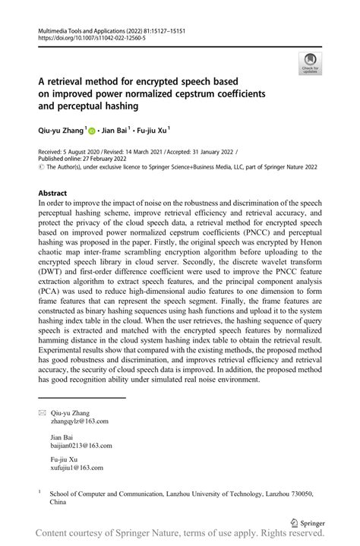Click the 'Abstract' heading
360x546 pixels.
(52, 193)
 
